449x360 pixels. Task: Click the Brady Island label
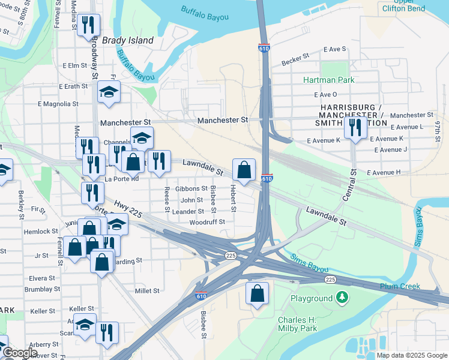127,40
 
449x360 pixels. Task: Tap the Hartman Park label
328,80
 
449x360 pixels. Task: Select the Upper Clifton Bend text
403,5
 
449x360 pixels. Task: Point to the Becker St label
295,55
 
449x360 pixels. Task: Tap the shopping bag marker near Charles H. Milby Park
257,294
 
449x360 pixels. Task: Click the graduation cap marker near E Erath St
109,92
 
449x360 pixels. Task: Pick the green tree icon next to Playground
342,298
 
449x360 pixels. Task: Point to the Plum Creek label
400,286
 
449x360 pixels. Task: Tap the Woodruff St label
206,222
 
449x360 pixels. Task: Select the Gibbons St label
191,188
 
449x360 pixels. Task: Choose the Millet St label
147,290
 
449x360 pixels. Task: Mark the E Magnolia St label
58,104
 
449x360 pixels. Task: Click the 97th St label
439,130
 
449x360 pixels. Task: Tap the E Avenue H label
383,173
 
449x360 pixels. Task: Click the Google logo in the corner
20,353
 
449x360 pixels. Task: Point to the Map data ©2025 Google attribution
411,355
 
